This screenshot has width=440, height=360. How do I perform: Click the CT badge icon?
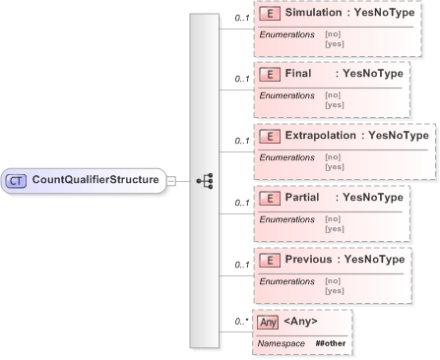click(17, 180)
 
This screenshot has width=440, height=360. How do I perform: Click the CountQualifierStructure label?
click(94, 180)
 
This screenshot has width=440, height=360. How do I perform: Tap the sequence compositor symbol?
click(205, 181)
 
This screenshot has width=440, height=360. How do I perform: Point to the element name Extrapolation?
click(323, 135)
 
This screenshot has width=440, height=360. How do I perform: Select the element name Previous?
click(309, 259)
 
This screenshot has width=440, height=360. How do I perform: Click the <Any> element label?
click(300, 321)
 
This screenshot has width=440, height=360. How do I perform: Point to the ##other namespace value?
click(330, 341)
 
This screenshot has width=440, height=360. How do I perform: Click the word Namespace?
click(281, 341)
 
